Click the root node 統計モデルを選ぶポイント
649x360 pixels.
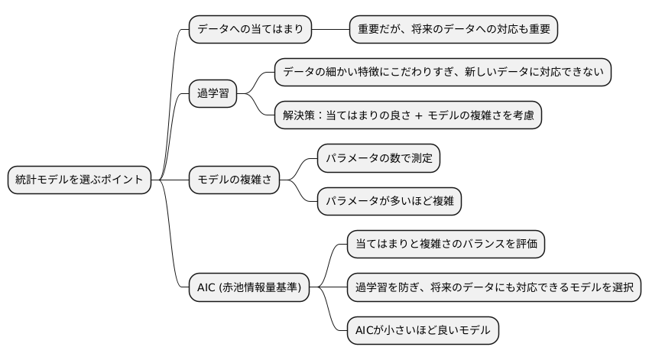click(79, 180)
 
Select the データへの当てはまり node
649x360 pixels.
click(250, 30)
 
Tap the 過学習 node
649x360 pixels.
click(213, 94)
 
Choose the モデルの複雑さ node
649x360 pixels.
click(234, 180)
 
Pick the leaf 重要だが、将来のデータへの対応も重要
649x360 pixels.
click(453, 30)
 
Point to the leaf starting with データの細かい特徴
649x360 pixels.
click(443, 72)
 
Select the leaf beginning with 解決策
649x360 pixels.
click(408, 115)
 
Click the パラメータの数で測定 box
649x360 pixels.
click(378, 158)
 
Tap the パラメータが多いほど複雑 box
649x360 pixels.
click(389, 201)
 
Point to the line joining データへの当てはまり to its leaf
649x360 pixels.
click(330, 30)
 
